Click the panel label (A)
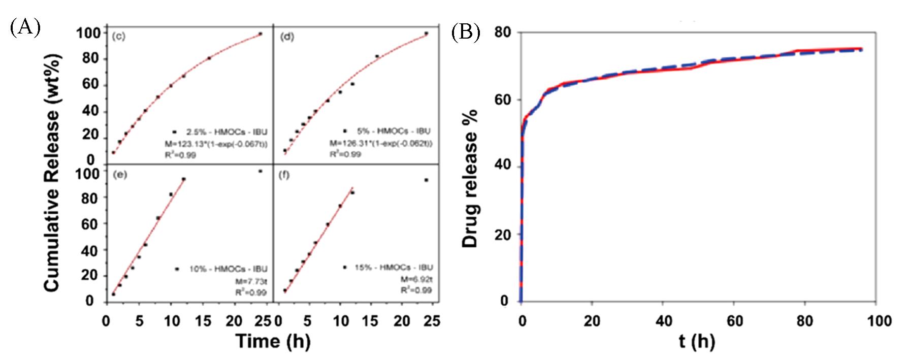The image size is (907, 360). pyautogui.click(x=24, y=26)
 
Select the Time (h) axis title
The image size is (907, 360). pyautogui.click(x=273, y=341)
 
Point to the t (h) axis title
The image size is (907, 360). pyautogui.click(x=697, y=342)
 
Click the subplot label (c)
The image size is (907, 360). pyautogui.click(x=119, y=37)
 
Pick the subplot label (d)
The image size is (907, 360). pyautogui.click(x=287, y=37)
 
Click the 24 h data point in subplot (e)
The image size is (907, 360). pyautogui.click(x=260, y=171)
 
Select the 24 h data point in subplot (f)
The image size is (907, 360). pyautogui.click(x=426, y=180)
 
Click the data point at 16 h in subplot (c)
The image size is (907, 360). pyautogui.click(x=209, y=58)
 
